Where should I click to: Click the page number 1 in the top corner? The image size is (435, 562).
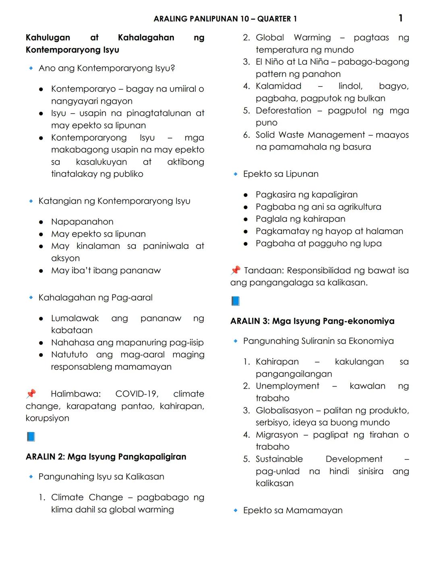[400, 18]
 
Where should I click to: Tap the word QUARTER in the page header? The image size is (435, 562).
[274, 19]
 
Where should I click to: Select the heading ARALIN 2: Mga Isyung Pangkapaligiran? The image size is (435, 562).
[106, 457]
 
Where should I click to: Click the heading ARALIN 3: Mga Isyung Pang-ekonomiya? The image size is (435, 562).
[312, 321]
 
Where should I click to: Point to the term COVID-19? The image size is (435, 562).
[137, 394]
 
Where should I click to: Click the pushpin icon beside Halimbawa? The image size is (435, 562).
[31, 393]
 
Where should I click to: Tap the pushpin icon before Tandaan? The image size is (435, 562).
[236, 270]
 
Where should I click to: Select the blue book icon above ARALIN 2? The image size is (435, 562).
[31, 436]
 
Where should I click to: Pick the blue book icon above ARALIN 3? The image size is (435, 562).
[236, 301]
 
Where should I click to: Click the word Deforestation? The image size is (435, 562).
[283, 111]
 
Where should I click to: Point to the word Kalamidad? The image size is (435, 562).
[278, 86]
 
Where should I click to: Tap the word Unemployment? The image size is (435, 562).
[287, 386]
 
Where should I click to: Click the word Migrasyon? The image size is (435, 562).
[277, 435]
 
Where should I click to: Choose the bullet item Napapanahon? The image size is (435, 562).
[82, 222]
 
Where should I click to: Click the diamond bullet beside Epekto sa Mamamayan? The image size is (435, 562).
[236, 511]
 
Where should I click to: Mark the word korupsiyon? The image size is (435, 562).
[48, 418]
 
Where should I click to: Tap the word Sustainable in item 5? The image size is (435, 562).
[279, 459]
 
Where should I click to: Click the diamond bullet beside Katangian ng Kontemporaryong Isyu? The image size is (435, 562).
[31, 201]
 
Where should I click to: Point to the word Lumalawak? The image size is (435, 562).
[75, 318]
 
